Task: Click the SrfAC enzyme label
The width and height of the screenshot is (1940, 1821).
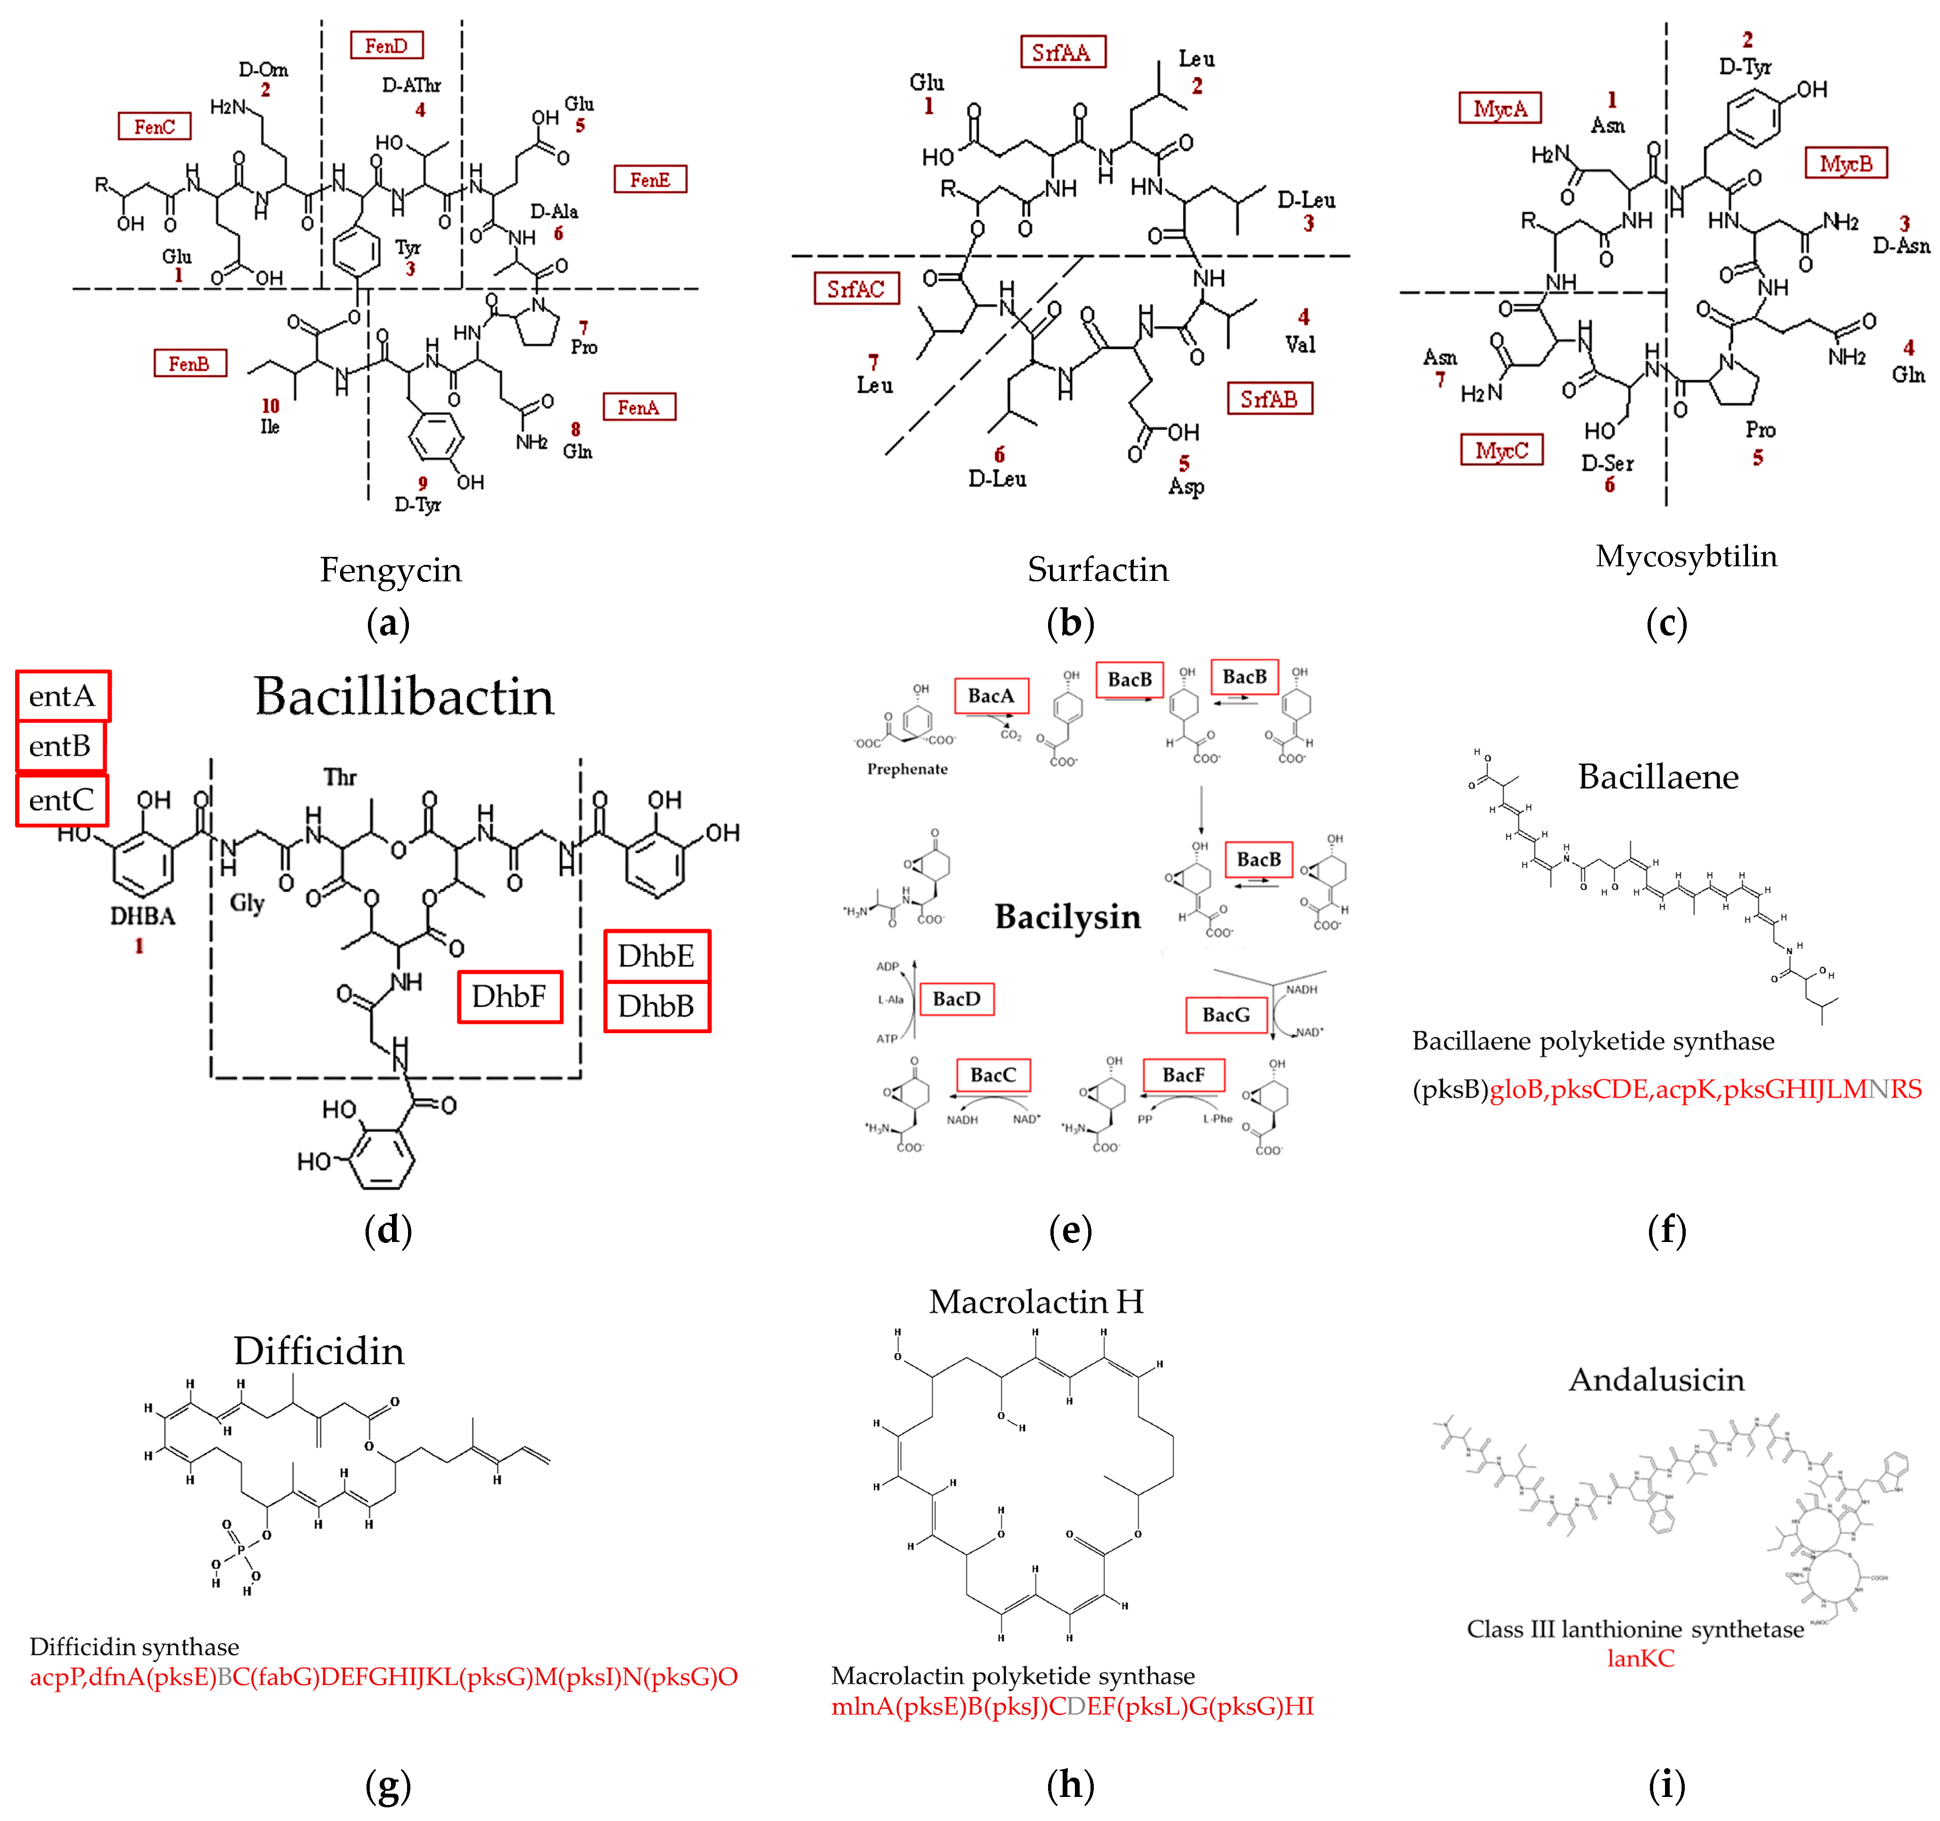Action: [856, 289]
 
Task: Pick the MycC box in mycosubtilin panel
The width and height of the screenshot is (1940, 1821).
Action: [1501, 450]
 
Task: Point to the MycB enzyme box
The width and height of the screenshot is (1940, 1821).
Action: [1845, 163]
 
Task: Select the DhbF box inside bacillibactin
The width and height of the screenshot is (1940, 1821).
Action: [509, 996]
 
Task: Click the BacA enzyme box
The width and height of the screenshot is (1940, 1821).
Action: [991, 695]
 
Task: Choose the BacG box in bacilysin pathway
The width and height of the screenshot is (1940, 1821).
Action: [1226, 1014]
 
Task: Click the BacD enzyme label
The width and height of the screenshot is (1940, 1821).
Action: [957, 999]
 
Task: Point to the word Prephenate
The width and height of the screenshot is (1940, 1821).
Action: [907, 769]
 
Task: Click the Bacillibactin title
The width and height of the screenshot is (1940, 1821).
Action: [404, 696]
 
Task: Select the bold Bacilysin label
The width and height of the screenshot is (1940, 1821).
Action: [1067, 917]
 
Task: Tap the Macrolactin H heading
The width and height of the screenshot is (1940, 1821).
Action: [1035, 1301]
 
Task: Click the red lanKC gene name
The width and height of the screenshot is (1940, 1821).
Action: [1640, 1658]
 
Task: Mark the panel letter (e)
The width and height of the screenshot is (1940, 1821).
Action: [1070, 1231]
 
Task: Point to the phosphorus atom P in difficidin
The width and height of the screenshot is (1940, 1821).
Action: [241, 1549]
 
